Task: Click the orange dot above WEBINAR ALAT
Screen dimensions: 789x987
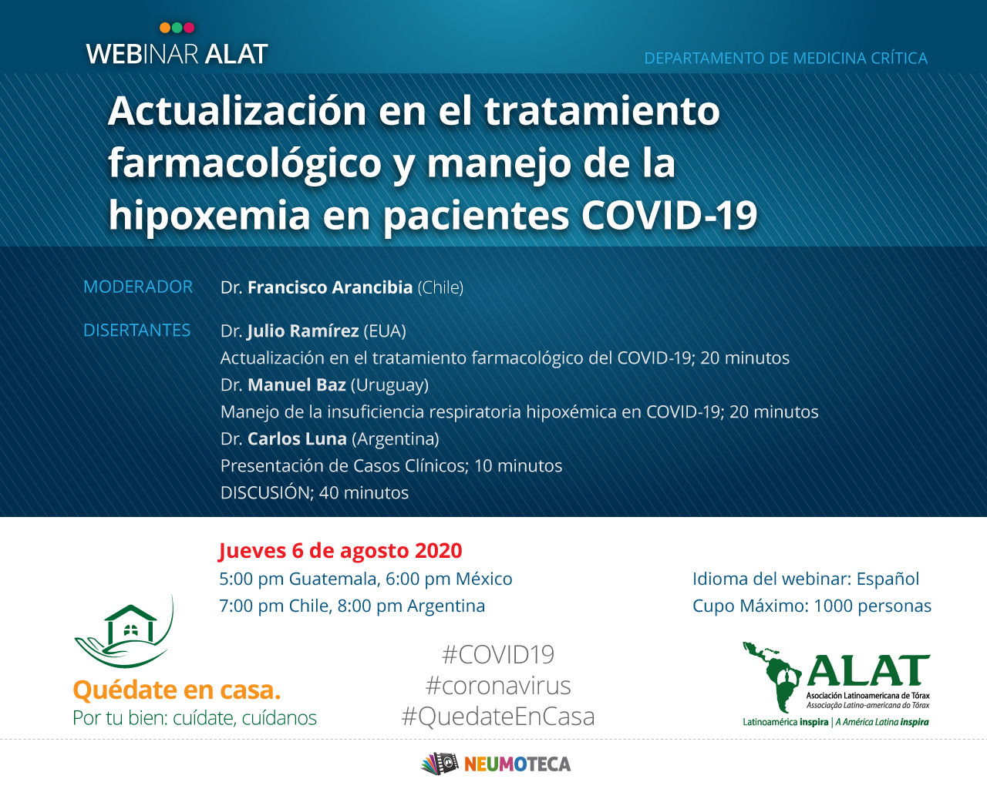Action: coord(165,28)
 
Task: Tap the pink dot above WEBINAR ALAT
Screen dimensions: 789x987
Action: coord(189,28)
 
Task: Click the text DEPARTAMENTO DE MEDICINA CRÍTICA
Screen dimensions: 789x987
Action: coord(786,59)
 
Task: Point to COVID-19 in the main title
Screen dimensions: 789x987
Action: coord(669,215)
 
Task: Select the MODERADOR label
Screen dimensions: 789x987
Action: coord(138,287)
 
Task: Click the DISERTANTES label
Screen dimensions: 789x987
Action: coord(136,331)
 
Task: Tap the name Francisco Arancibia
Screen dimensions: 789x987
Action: coord(329,287)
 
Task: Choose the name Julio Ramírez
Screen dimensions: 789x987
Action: coord(302,331)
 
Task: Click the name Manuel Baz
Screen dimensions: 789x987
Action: coord(296,385)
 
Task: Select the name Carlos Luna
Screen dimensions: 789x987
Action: coord(297,439)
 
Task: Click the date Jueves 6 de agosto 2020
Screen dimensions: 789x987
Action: coord(340,551)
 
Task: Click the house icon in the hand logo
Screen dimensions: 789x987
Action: coord(130,624)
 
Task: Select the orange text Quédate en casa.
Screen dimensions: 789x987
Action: coord(177,690)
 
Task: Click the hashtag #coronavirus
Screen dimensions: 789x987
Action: coord(497,686)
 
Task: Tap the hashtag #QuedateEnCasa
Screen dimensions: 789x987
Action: coord(497,717)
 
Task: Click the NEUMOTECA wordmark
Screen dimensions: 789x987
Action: coord(517,764)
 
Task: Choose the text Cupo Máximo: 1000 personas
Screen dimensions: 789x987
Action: coord(811,606)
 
